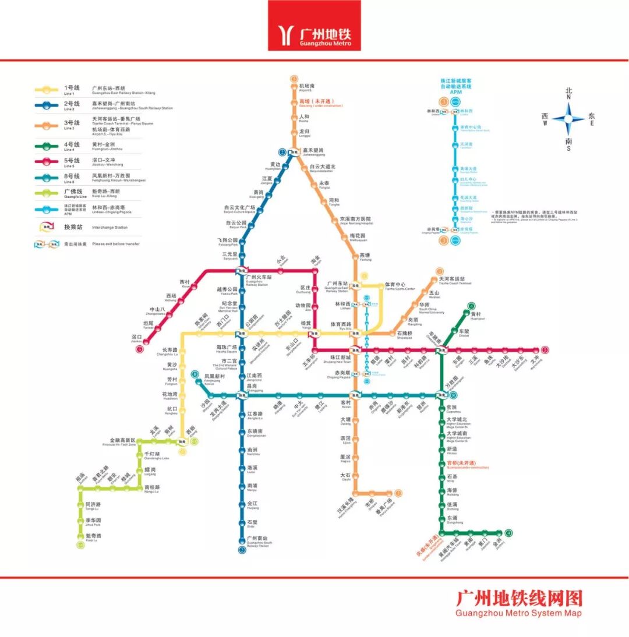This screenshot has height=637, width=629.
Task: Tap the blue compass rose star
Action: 568,119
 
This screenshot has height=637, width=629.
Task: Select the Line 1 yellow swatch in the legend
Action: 45,90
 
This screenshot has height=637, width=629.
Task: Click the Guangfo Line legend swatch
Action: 45,192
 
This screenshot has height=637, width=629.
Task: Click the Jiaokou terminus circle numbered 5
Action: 139,349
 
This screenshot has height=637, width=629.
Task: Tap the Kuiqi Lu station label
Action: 93,537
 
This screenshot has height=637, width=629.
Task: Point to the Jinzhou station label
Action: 497,543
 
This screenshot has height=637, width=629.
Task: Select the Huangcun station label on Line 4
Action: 478,316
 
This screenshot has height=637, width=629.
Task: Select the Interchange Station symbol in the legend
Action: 45,227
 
